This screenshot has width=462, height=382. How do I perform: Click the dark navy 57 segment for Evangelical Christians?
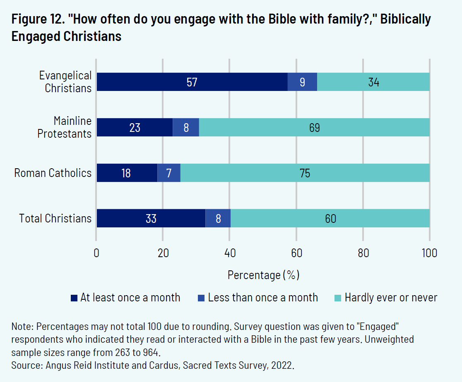[x=192, y=82]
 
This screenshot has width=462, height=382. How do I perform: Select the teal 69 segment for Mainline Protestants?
[x=314, y=127]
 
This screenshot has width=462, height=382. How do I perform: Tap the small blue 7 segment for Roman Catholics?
[x=168, y=173]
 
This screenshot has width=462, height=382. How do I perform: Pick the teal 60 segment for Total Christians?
[x=330, y=218]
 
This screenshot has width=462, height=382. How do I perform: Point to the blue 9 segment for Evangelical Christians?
[x=302, y=82]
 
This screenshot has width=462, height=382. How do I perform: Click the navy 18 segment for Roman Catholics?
[x=127, y=173]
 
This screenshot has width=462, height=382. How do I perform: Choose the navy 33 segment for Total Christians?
[x=151, y=218]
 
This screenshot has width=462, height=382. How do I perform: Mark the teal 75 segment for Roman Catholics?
[x=305, y=173]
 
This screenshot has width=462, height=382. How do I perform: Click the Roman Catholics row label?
[x=53, y=173]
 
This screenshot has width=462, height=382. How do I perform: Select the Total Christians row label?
[x=55, y=218]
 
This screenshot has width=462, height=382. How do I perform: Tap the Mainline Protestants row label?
[x=64, y=127]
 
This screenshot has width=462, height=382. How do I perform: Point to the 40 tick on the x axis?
[x=230, y=253]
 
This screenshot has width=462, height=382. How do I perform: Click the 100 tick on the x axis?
[x=429, y=253]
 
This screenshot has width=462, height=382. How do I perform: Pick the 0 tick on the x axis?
[x=96, y=253]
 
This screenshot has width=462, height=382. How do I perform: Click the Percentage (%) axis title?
[x=263, y=275]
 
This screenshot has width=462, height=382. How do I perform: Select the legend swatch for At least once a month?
[x=75, y=298]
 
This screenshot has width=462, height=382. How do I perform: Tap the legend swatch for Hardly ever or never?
[x=338, y=298]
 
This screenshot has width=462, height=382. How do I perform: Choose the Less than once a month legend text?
[x=263, y=298]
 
